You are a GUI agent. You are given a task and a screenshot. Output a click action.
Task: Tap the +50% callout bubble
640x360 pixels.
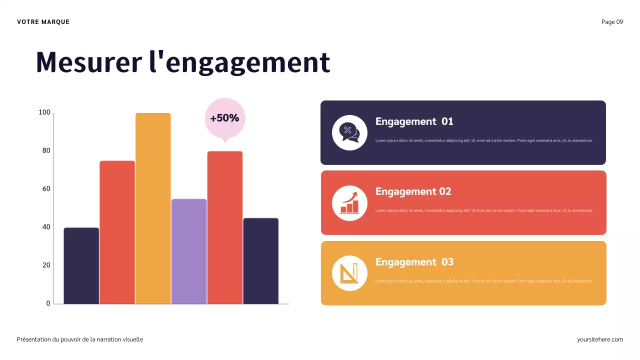(225, 118)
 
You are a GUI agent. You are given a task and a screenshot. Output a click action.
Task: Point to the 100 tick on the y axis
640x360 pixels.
(44, 112)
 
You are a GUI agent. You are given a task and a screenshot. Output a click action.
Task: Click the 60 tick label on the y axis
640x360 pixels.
(46, 189)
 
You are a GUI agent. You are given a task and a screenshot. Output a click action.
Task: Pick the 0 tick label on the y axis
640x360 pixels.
(48, 303)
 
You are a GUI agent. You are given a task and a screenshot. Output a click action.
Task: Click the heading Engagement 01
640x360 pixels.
(414, 121)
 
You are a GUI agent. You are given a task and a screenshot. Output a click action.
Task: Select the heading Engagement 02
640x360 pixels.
(413, 191)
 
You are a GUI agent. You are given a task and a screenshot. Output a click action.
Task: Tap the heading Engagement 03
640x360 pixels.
(414, 262)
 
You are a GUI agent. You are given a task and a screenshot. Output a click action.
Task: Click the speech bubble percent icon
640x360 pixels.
(349, 132)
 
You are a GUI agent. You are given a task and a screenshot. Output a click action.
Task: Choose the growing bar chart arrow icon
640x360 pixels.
(349, 202)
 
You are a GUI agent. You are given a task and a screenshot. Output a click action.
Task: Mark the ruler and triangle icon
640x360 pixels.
(349, 273)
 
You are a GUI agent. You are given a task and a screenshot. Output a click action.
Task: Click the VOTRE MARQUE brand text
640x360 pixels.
(43, 22)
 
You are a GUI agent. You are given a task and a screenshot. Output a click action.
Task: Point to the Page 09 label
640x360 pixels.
(612, 22)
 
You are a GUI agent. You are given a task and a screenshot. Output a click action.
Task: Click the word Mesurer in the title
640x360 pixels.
(88, 62)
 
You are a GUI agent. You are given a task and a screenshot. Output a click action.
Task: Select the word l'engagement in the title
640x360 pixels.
(240, 62)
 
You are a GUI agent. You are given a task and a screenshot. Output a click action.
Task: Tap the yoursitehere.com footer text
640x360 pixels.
(600, 339)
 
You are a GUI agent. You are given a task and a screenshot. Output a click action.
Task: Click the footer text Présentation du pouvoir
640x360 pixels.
(80, 339)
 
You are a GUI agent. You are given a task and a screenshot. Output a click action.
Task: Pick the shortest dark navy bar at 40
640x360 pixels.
(81, 265)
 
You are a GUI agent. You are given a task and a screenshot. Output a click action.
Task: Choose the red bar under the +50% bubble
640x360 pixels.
(225, 227)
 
